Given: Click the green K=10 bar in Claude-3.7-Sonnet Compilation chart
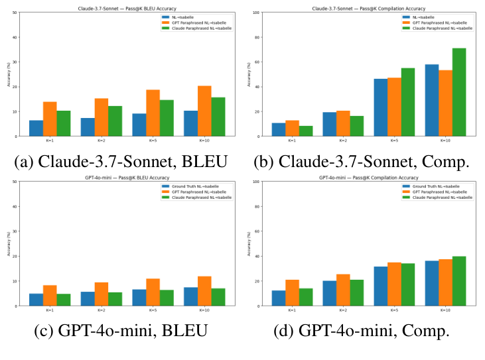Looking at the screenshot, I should click(459, 92).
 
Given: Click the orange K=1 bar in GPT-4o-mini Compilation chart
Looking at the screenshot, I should click(292, 292).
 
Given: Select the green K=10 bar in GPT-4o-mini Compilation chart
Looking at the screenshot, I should click(459, 280).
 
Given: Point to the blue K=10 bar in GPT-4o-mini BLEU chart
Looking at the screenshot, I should click(190, 296).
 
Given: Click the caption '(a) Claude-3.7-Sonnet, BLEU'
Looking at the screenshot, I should click(120, 161).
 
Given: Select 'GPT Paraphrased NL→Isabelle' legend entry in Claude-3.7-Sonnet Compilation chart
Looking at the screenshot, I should click(441, 22).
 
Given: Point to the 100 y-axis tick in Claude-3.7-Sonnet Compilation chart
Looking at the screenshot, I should click(259, 13).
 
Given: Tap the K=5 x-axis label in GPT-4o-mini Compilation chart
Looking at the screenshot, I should click(395, 310).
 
